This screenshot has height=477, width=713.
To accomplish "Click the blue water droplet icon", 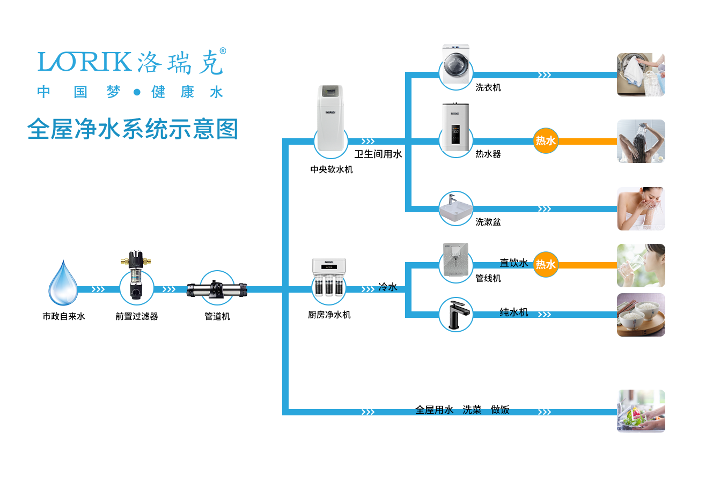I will point(63,282).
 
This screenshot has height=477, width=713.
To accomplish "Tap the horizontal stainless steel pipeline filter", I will point(217,289).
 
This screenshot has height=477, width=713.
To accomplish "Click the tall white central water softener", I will point(330,119).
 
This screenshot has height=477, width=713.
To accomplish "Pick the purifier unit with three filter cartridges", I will point(329,278).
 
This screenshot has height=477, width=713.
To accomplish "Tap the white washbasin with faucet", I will point(456,208).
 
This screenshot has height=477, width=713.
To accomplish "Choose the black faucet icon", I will point(455,314).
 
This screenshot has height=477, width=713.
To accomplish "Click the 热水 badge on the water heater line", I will point(546,141).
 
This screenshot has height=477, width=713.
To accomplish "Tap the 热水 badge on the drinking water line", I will point(546,265).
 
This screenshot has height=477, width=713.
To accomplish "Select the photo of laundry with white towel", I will point(641,74).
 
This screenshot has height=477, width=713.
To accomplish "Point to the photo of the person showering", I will point(641,141).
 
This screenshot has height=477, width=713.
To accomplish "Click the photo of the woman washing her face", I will point(641,208).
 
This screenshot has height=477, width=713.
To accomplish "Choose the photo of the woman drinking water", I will point(641,265).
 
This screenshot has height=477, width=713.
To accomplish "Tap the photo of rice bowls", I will point(641,315).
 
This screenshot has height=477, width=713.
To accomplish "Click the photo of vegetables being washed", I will point(641,411).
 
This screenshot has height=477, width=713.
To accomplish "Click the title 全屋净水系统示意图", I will point(132,129).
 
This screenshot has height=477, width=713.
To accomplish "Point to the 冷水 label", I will point(387,287).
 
